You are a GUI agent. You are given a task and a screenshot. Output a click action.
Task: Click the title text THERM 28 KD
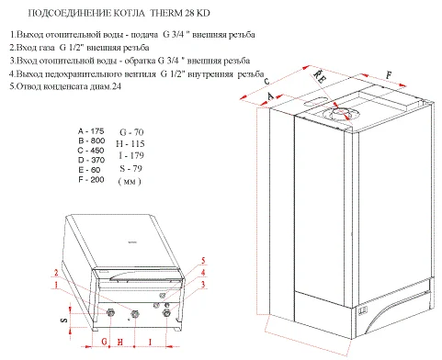point(180,13)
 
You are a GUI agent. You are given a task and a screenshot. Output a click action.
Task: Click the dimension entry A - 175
point(91,131)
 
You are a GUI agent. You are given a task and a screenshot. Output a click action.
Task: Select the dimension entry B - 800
point(91,141)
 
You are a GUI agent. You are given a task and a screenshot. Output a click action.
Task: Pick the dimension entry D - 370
point(91,160)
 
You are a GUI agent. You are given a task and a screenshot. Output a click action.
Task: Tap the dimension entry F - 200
point(91,180)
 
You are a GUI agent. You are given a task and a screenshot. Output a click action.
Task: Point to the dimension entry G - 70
point(131,132)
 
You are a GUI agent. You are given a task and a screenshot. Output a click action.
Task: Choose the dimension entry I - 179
point(131,155)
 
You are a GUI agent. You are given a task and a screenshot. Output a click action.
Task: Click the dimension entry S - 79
point(131,168)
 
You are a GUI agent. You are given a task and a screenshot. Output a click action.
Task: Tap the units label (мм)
point(130,182)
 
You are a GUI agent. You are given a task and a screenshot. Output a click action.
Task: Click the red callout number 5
point(203,261)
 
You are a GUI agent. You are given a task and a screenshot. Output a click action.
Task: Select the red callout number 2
point(56,273)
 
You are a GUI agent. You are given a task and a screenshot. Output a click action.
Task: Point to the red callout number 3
point(203,285)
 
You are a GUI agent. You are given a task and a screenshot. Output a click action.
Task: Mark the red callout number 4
point(203,272)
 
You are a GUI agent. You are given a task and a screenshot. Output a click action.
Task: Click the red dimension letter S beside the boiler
point(64,320)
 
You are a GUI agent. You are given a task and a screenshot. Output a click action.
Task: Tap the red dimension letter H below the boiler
point(120,342)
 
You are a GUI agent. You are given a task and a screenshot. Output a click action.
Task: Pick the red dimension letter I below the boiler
point(150,342)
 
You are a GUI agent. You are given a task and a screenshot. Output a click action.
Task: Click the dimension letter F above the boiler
point(389,74)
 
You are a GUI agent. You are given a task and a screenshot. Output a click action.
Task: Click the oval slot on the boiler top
point(316,101)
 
